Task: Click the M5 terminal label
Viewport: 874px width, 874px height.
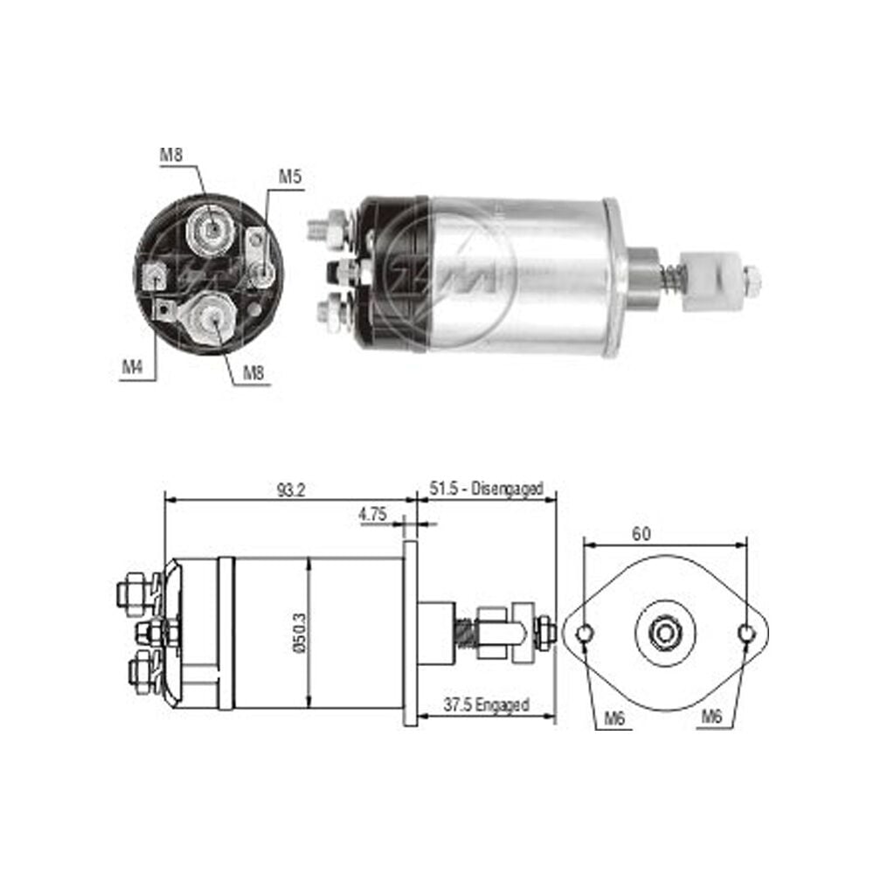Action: pos(290,177)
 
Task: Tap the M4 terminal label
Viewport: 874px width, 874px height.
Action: pos(133,367)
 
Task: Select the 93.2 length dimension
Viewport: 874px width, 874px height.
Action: pos(291,490)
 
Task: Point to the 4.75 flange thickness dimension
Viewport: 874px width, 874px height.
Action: pos(372,514)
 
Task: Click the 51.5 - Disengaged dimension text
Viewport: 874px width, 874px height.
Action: pos(486,489)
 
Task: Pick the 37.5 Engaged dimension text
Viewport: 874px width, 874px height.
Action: pos(486,704)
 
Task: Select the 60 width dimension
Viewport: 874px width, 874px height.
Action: pos(641,534)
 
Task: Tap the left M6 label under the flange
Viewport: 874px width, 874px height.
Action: pos(614,718)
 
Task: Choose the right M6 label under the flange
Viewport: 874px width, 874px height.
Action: pos(711,716)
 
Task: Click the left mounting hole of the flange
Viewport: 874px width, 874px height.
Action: pos(584,634)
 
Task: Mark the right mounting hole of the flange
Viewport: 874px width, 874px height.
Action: pos(746,634)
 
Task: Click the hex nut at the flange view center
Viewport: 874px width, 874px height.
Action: pos(665,633)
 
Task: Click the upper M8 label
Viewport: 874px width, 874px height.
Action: pos(171,155)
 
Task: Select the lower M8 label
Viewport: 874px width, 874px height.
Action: pos(253,372)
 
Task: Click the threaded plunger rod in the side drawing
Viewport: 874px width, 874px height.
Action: pos(464,633)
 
